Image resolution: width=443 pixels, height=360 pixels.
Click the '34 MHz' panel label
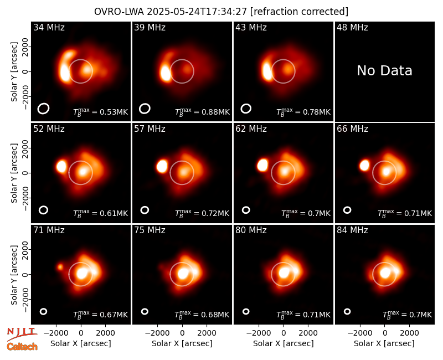pos(49,27)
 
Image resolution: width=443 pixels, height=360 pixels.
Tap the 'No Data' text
pos(384,70)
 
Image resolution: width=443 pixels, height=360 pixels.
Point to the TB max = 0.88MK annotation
pos(202,112)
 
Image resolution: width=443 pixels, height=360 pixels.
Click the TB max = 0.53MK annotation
pos(101,112)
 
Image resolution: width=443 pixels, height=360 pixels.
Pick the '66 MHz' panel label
pos(352,129)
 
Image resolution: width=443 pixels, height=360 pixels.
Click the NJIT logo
pos(22,333)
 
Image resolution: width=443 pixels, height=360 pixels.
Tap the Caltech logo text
pos(22,347)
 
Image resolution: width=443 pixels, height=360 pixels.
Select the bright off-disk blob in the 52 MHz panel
pos(61,166)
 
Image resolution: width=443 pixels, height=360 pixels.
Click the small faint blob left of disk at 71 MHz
pos(60,267)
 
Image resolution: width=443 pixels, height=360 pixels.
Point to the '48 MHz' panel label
pos(352,27)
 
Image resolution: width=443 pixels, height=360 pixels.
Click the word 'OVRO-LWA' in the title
pos(119,12)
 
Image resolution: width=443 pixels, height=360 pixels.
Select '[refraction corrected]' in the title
pos(299,12)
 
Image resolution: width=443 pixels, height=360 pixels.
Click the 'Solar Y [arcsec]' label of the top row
pos(14,72)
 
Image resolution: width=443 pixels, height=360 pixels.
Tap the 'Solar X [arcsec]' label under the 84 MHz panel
pos(384,343)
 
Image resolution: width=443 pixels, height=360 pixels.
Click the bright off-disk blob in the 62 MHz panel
pos(262,165)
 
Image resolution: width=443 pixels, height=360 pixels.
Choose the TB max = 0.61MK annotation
pos(101,213)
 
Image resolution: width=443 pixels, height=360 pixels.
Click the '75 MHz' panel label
pos(150,230)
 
